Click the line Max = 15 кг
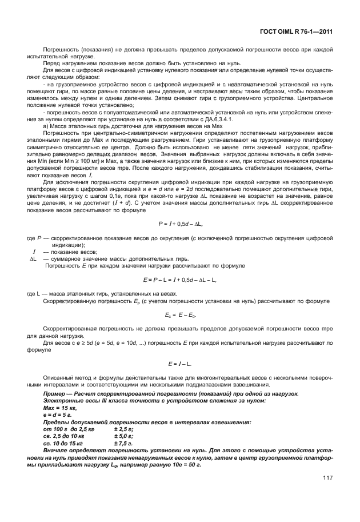(x=61, y=408)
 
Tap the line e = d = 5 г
(x=58, y=414)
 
